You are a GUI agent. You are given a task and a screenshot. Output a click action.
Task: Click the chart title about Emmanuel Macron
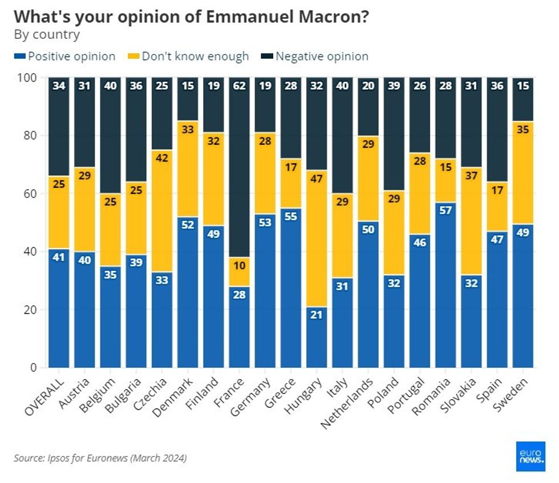click(191, 17)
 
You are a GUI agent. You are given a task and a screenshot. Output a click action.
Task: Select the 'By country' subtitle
click(47, 34)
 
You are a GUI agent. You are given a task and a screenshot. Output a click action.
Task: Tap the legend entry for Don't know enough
click(189, 56)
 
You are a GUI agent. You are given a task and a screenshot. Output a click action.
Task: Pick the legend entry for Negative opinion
click(315, 56)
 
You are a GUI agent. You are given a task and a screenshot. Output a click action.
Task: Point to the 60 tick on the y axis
click(31, 194)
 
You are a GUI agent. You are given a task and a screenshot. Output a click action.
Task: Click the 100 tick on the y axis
click(28, 78)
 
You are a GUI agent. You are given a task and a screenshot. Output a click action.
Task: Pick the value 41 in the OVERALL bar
click(59, 258)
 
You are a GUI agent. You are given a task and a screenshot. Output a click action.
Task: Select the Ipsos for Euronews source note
click(100, 458)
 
